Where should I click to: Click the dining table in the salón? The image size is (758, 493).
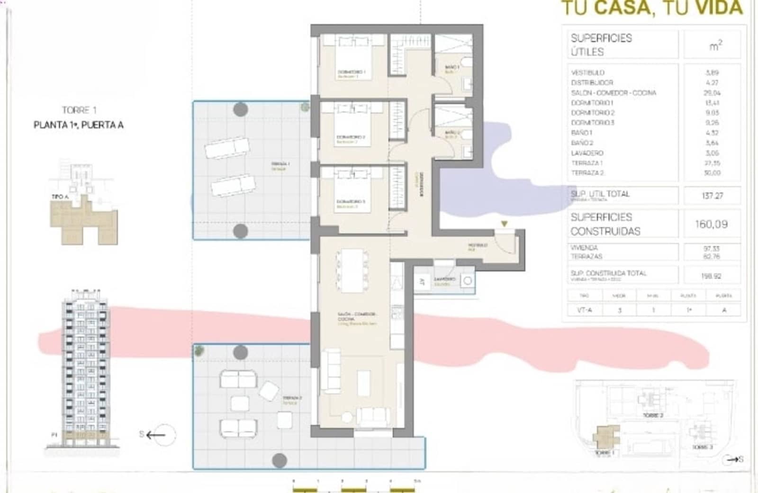pyautogui.click(x=352, y=270)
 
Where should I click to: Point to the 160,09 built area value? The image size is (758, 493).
pyautogui.click(x=711, y=224)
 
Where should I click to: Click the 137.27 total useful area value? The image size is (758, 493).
pyautogui.click(x=712, y=195)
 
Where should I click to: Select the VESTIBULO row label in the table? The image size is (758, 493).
pyautogui.click(x=587, y=72)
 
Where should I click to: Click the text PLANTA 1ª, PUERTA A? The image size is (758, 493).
pyautogui.click(x=79, y=125)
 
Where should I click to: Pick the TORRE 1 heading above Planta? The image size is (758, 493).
pyautogui.click(x=79, y=110)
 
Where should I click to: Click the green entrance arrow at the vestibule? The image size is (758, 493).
pyautogui.click(x=504, y=224)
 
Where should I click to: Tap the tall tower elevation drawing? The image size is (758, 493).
pyautogui.click(x=85, y=367)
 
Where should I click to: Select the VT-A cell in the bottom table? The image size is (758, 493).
pyautogui.click(x=584, y=310)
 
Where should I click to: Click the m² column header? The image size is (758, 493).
pyautogui.click(x=715, y=45)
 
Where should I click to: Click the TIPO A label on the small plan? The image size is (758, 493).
pyautogui.click(x=60, y=196)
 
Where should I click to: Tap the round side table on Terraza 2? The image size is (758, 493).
pyautogui.click(x=347, y=417)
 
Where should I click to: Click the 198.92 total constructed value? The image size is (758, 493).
pyautogui.click(x=711, y=276)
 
